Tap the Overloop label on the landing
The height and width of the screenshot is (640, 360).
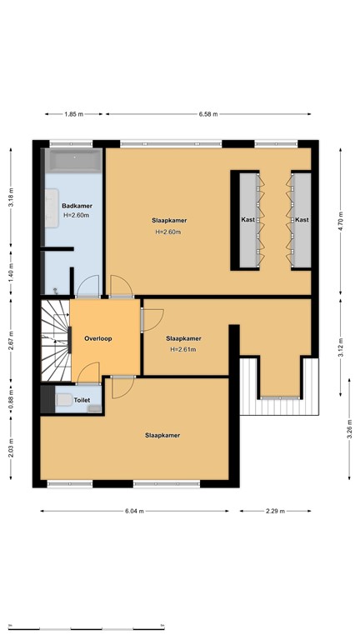pyautogui.click(x=98, y=338)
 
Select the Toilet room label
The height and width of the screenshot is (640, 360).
pyautogui.click(x=82, y=401)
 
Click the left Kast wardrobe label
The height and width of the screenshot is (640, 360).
pyautogui.click(x=247, y=220)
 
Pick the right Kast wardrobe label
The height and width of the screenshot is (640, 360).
pyautogui.click(x=301, y=220)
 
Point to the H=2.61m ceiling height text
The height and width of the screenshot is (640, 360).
pyautogui.click(x=182, y=349)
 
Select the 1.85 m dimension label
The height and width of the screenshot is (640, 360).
pyautogui.click(x=74, y=115)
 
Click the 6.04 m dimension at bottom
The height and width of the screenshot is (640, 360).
pyautogui.click(x=135, y=511)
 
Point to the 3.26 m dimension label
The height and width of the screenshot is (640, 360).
pyautogui.click(x=343, y=433)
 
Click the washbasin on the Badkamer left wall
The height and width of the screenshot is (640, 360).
pyautogui.click(x=50, y=204)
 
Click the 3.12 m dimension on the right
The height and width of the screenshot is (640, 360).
pyautogui.click(x=343, y=344)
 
